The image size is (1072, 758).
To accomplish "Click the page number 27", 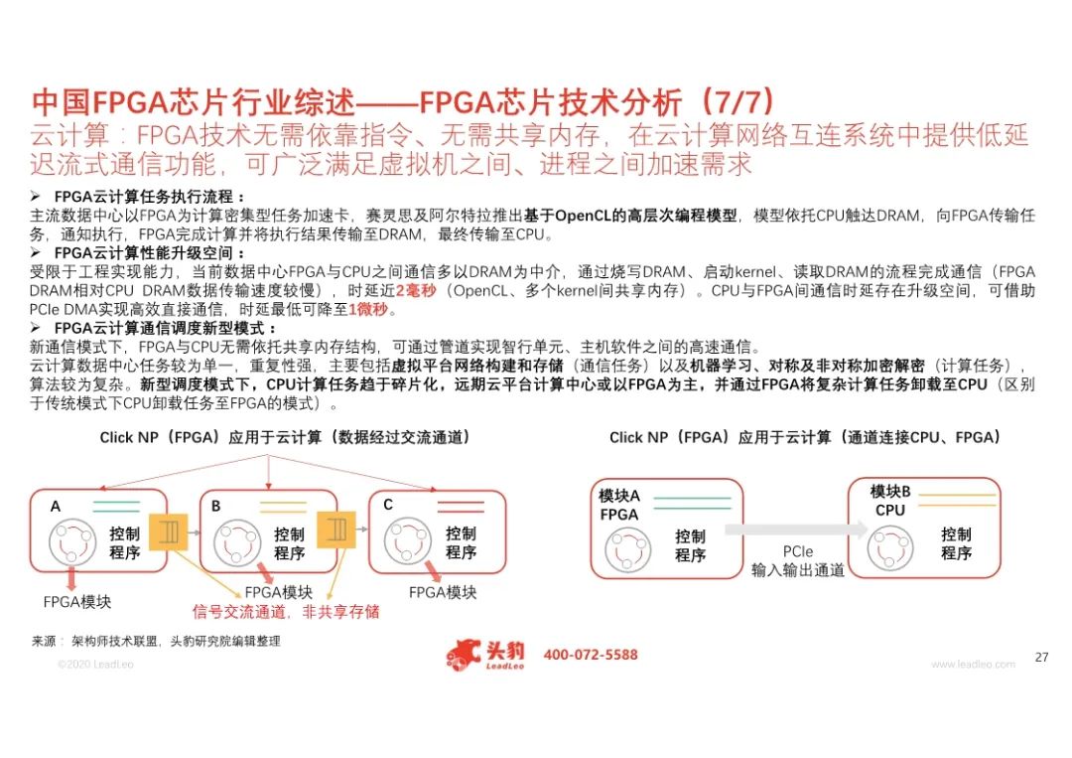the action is point(1041,657).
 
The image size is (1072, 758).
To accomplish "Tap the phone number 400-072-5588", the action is point(591,655).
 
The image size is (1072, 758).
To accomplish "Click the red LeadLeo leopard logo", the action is point(463,656).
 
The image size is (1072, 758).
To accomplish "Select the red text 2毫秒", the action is point(416,291).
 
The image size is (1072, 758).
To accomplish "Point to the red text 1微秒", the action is point(368,309).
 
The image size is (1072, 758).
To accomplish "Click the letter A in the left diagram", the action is point(56,507).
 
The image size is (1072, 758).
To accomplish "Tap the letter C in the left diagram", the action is point(388,505).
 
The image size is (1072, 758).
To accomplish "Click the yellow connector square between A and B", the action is point(168,531).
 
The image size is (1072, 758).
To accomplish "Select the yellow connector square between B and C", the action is point(336,530).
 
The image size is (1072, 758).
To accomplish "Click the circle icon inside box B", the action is point(237,542).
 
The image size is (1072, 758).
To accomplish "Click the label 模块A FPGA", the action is point(619,505).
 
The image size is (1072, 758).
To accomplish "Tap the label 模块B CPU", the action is point(890,501).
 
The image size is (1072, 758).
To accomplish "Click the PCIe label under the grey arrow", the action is point(798,551).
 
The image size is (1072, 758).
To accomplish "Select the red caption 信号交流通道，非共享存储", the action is point(286,612).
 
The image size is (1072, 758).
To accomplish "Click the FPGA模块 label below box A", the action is point(76,602).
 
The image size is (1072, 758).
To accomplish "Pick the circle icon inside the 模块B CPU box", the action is point(890,548).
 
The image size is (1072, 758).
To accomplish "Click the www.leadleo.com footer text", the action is point(973,664).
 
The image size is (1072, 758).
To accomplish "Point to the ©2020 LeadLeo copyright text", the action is point(95,664).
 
